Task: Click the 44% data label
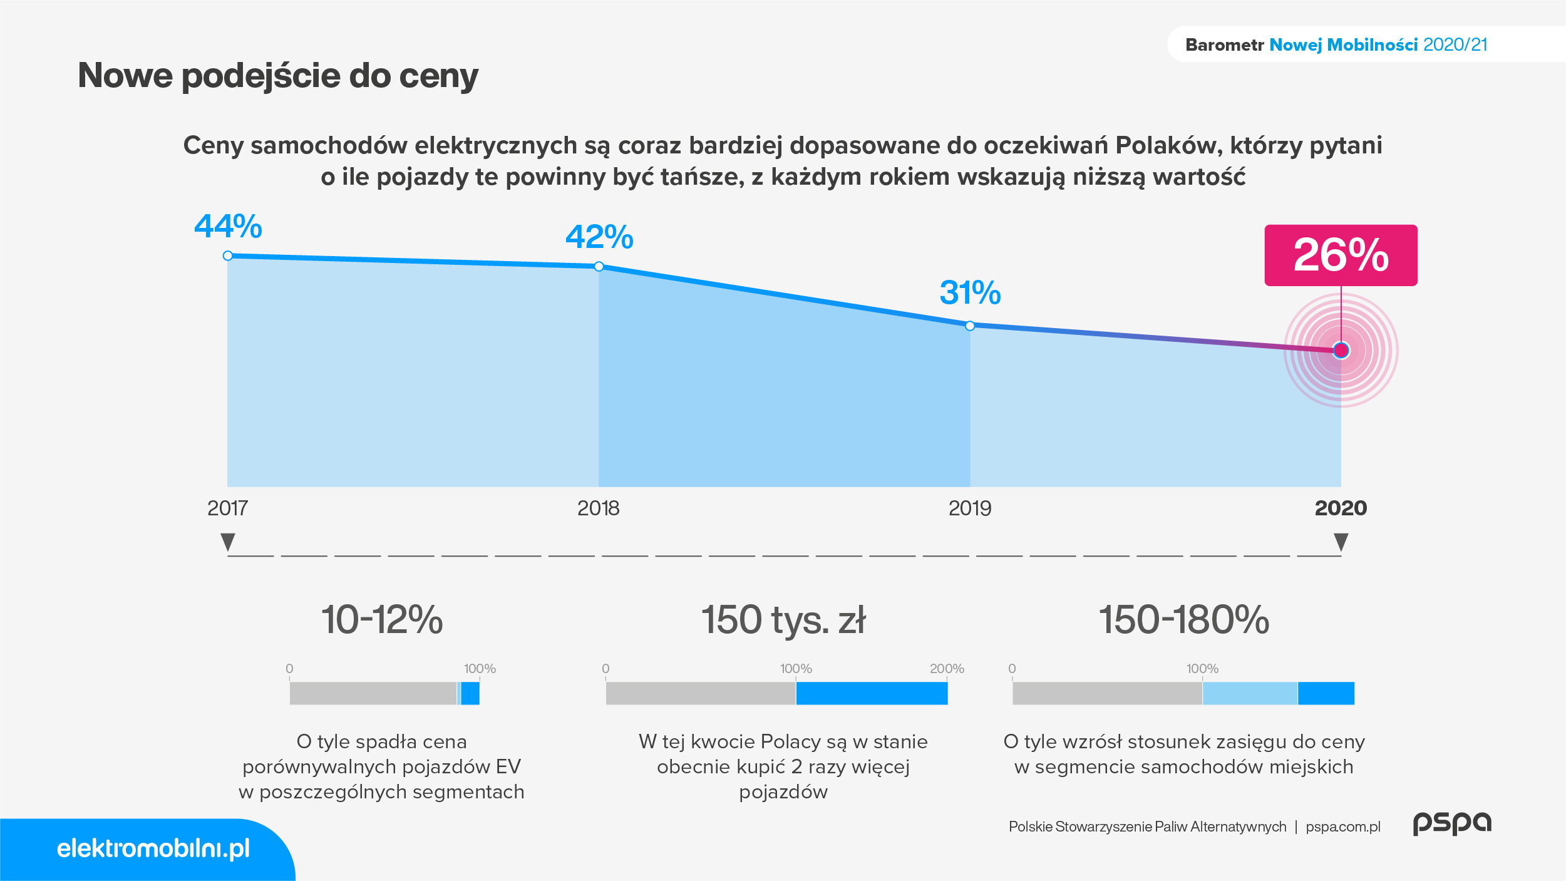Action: click(228, 226)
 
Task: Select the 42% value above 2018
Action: click(599, 237)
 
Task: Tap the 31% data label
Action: click(970, 292)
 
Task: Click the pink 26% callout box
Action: click(1341, 255)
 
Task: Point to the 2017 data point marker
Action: click(228, 255)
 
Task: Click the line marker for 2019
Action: click(970, 326)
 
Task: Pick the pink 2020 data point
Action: click(1341, 350)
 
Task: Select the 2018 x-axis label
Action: click(598, 508)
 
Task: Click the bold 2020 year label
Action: click(1341, 508)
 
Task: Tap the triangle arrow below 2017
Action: click(228, 542)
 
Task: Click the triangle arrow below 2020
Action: click(1341, 542)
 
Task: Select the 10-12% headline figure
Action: click(382, 620)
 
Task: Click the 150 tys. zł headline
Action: click(783, 620)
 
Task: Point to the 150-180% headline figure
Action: click(1184, 620)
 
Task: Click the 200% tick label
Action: click(947, 669)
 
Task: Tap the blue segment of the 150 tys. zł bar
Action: click(872, 693)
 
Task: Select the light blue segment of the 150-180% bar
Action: click(1250, 693)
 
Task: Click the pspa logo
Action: click(1452, 823)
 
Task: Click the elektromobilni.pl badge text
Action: click(153, 848)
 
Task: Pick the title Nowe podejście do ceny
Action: click(278, 76)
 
